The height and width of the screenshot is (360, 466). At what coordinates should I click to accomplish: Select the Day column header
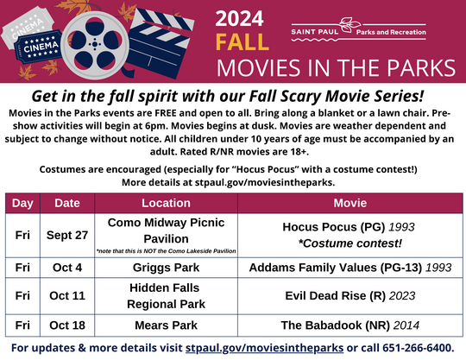pyautogui.click(x=22, y=203)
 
